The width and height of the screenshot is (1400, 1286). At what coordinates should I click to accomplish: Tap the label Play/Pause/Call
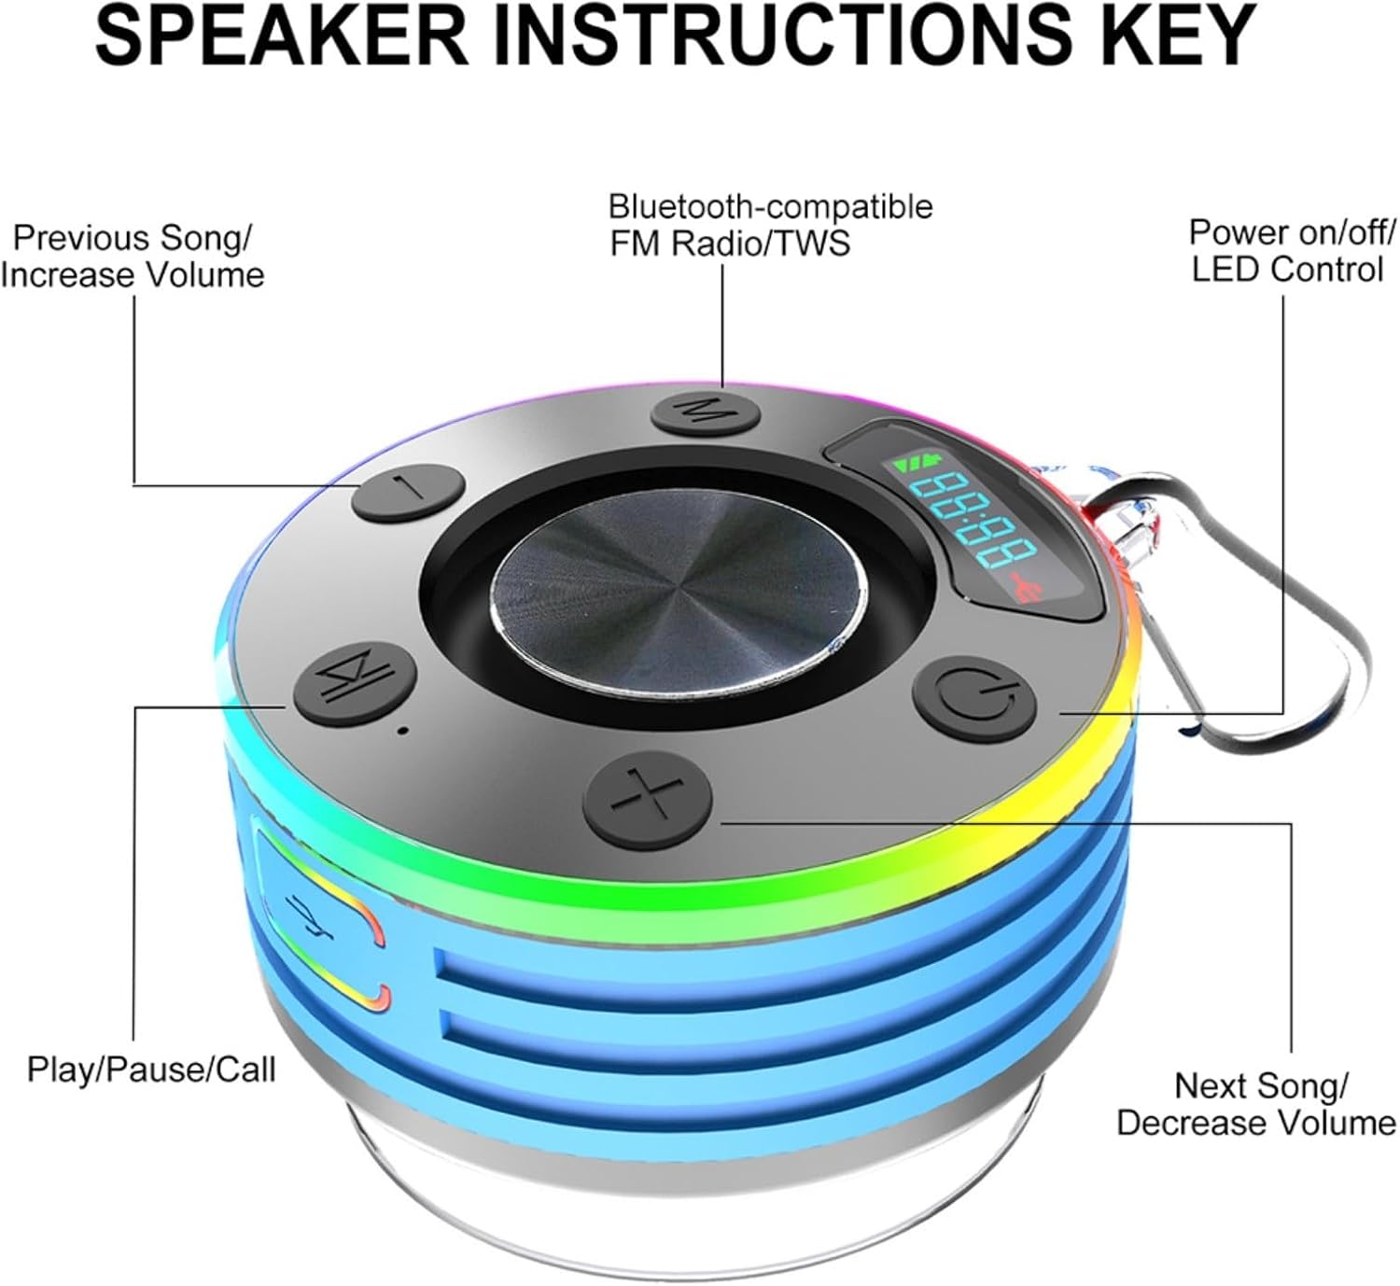coord(151,1069)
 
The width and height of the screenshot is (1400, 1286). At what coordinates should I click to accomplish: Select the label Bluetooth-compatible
coord(770,205)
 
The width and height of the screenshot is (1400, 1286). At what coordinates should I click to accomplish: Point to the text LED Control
coord(1287,270)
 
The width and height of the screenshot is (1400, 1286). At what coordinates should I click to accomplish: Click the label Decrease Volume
coord(1255,1123)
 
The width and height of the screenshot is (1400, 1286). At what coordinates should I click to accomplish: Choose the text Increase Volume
coord(133,275)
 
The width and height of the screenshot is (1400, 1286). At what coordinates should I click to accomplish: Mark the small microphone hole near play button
coord(402,731)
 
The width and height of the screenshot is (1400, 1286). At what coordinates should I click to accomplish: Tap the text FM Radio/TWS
coord(730,244)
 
